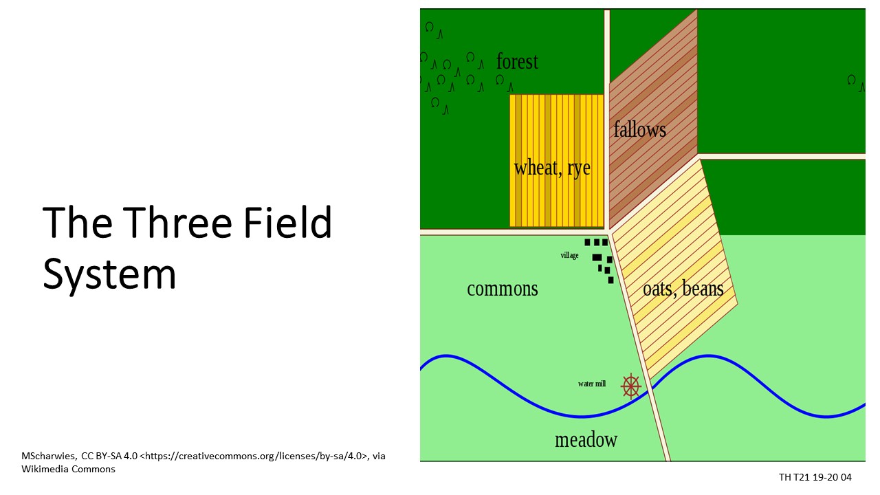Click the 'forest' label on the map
pos(517,62)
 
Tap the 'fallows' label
pos(640,129)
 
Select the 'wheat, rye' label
pos(552,168)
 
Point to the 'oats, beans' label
pos(683,289)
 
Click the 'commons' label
pos(503,289)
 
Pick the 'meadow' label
pos(586,439)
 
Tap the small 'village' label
pos(570,255)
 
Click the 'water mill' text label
pos(592,384)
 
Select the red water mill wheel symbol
pos(631,386)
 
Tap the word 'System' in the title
pos(109,274)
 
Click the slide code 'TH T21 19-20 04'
pos(815,477)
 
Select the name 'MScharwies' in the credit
pos(49,456)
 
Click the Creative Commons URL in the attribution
pos(254,456)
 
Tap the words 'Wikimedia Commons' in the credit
pos(68,469)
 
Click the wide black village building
pos(597,257)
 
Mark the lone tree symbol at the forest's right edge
pos(855,83)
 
